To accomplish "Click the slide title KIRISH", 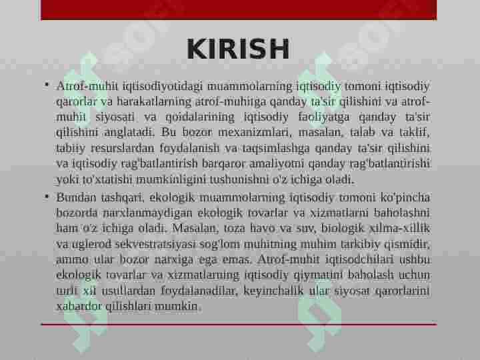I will click(x=238, y=49).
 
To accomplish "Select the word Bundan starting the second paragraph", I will click(x=75, y=197).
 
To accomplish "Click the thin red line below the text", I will click(x=238, y=325).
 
